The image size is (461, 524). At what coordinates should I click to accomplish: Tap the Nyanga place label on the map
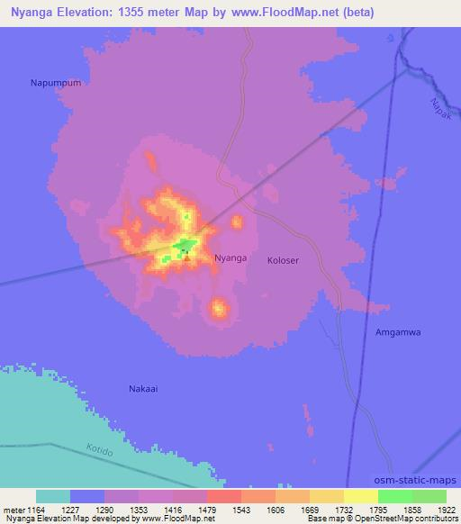(230, 258)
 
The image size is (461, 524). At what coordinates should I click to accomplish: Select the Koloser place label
(283, 260)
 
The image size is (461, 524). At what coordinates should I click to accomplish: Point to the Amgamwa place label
(398, 332)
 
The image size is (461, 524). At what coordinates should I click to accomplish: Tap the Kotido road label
(100, 448)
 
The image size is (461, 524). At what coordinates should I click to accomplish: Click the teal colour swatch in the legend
(53, 496)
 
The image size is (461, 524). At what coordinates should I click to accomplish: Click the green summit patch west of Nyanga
(185, 246)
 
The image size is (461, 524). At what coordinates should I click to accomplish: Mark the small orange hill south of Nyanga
(218, 310)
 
